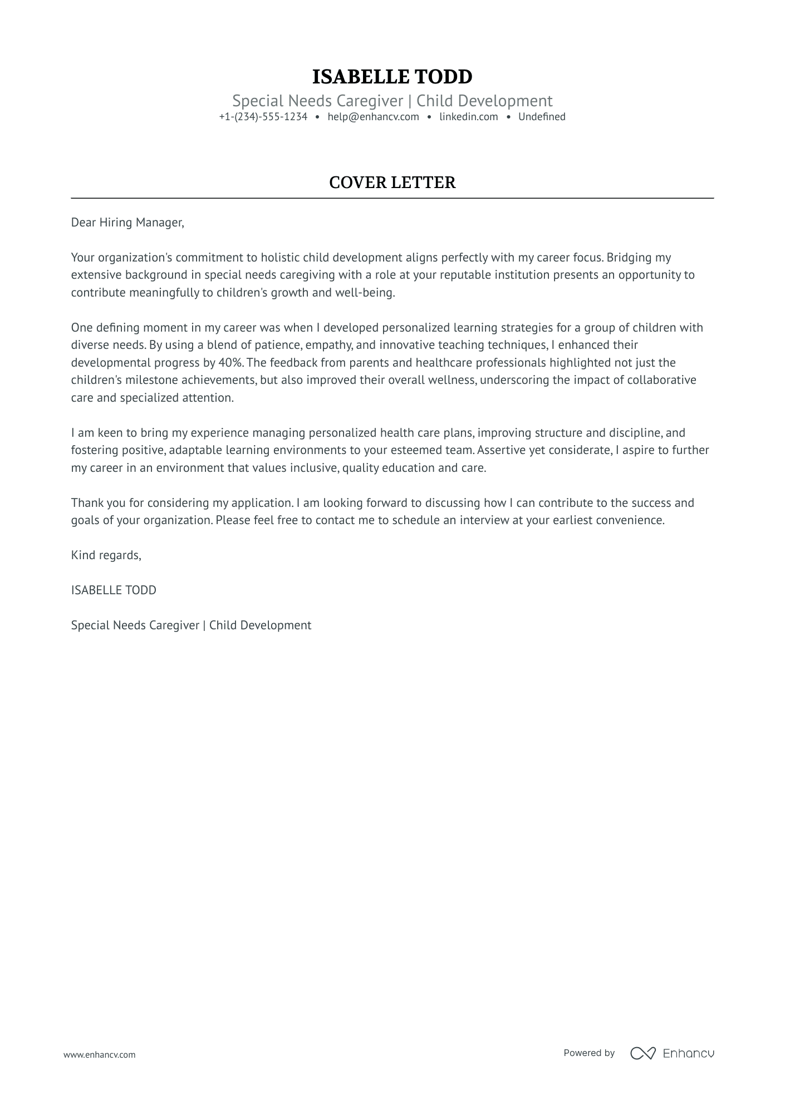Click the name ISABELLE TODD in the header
(x=392, y=77)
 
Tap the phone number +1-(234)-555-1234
(x=263, y=117)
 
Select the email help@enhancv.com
(x=373, y=117)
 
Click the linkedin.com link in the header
(x=468, y=117)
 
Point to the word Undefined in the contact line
(x=541, y=117)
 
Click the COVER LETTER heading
(x=392, y=182)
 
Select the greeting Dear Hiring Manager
(x=127, y=223)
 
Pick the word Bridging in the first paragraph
(x=630, y=258)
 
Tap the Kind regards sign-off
(x=106, y=555)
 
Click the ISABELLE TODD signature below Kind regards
(x=114, y=590)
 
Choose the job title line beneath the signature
(x=191, y=625)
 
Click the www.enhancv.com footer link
(x=99, y=1054)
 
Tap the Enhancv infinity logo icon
(x=642, y=1053)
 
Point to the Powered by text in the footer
(x=588, y=1053)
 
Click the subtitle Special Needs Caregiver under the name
(x=317, y=101)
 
